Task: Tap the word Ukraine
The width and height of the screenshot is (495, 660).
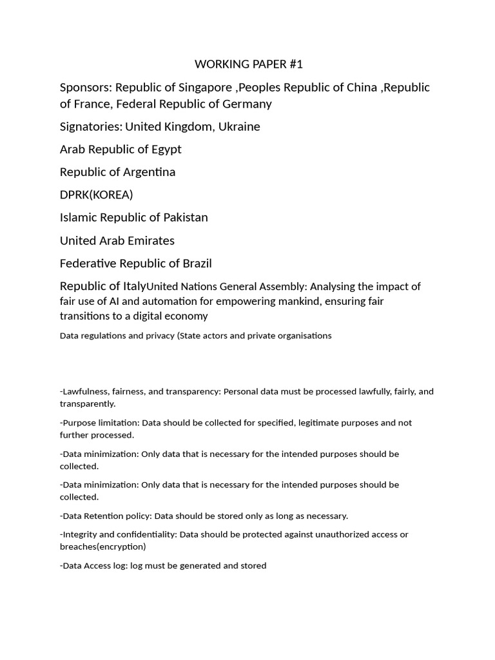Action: point(239,127)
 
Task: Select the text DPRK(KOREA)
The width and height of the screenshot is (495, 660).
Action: point(96,195)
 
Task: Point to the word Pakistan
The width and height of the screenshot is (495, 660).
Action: point(184,218)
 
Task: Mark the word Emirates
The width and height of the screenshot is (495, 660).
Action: point(149,240)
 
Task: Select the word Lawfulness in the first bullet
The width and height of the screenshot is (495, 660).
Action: point(86,391)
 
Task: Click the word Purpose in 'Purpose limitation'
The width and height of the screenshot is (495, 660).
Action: point(79,423)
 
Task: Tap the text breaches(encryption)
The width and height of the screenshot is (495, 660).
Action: point(103,547)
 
